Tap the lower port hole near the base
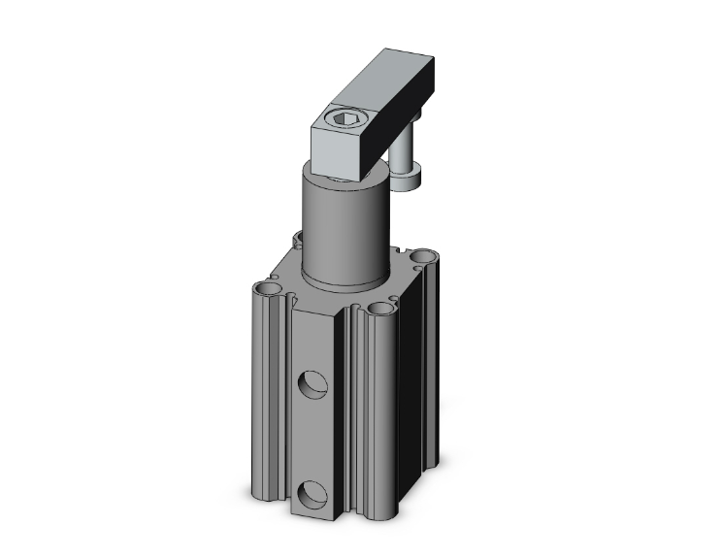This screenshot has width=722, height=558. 313,496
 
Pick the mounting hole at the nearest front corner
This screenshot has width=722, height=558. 380,310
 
